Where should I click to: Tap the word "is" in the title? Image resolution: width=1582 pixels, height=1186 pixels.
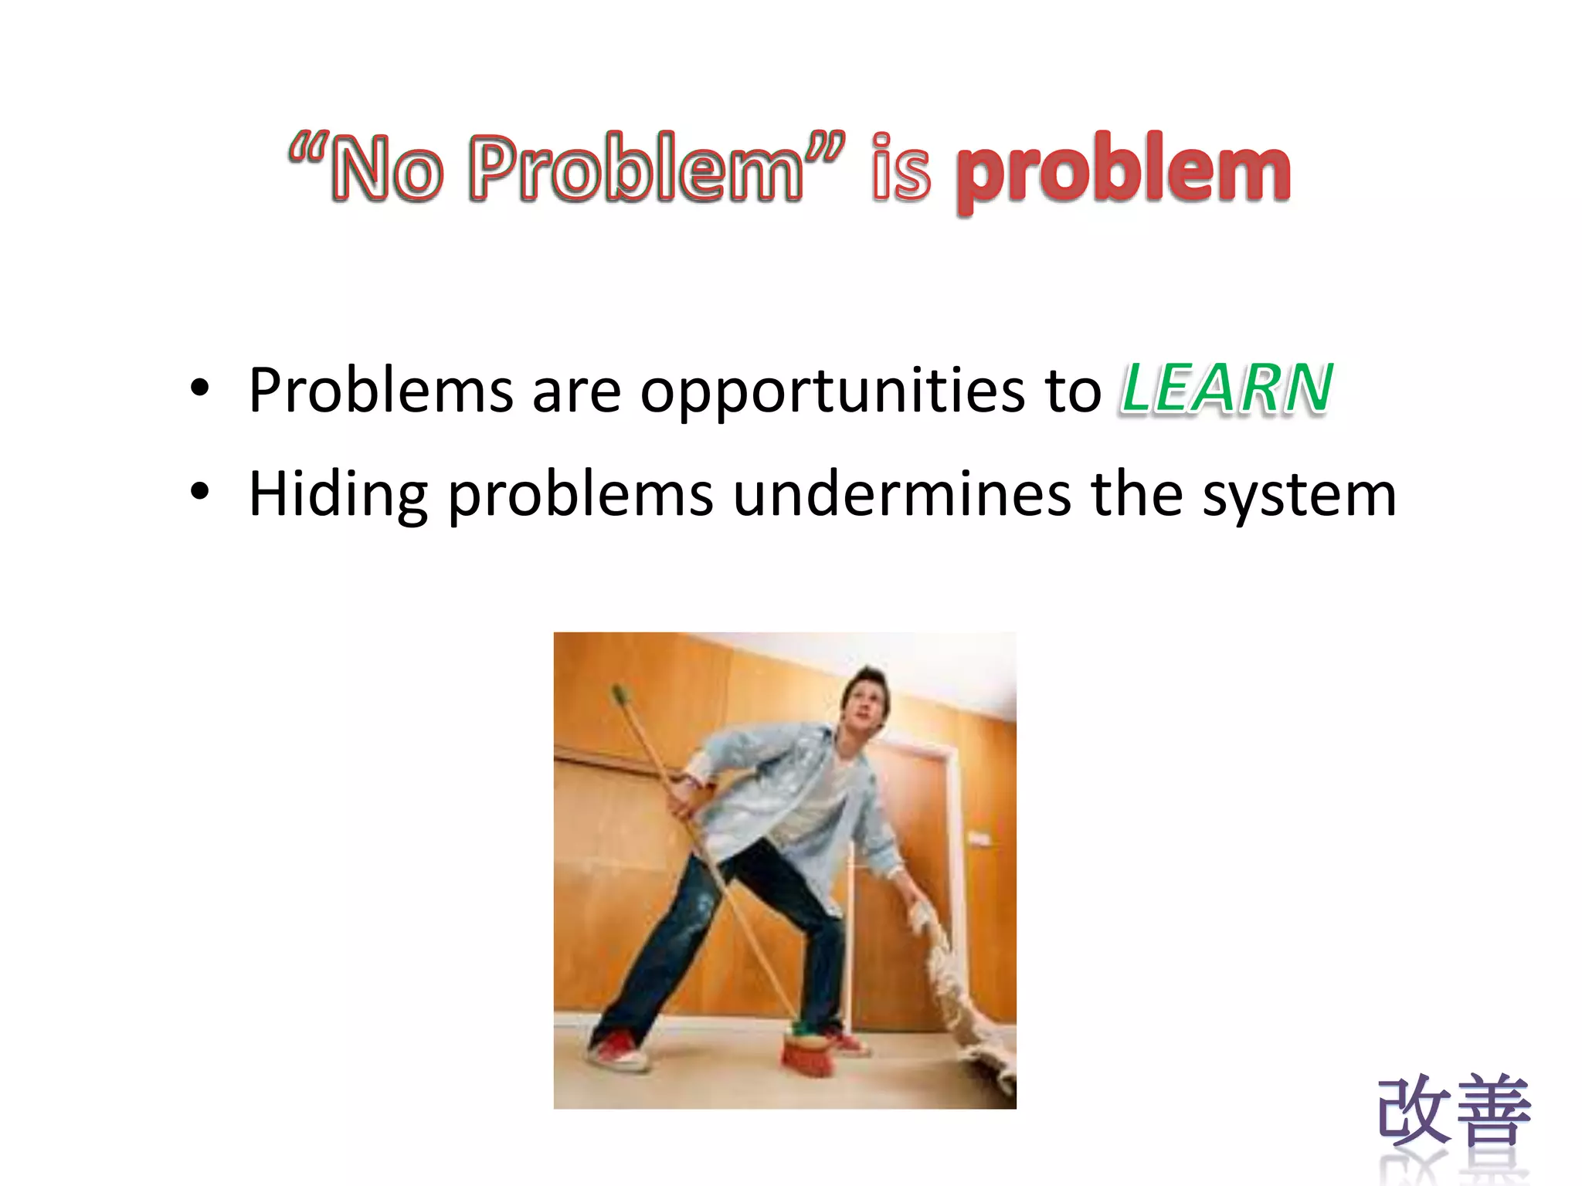[900, 168]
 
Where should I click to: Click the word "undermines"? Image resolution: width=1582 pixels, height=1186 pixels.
[901, 494]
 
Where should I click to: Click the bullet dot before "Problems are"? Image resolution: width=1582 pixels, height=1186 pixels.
[200, 388]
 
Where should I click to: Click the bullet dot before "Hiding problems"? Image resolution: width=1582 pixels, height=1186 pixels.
[200, 492]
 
